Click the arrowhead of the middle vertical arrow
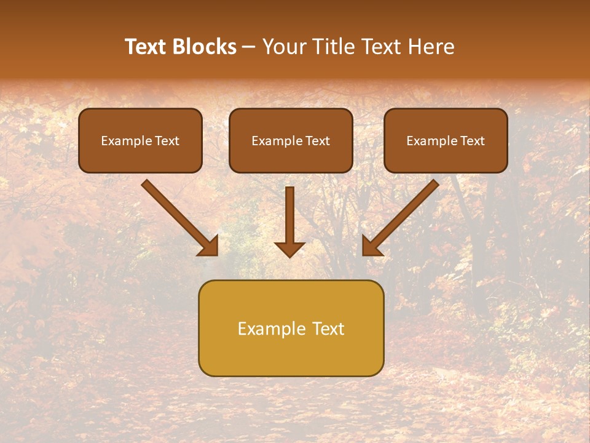[289, 249]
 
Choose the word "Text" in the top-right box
[472, 141]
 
